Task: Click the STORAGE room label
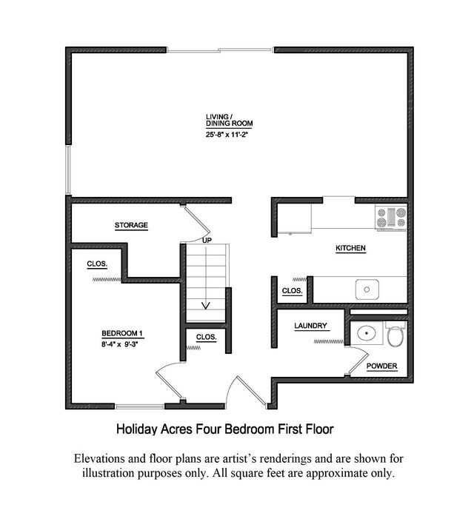(x=131, y=225)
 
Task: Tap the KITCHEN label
(x=350, y=248)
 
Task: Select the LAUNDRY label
(x=311, y=326)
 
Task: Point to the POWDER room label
(x=382, y=366)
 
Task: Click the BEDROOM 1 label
(x=122, y=333)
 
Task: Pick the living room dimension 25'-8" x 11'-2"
(x=227, y=134)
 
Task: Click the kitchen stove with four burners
(x=391, y=217)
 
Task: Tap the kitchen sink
(x=367, y=289)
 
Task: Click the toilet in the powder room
(x=395, y=334)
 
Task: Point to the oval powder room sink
(x=367, y=333)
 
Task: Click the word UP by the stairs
(x=207, y=241)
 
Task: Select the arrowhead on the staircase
(x=206, y=306)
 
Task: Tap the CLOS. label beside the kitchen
(x=293, y=291)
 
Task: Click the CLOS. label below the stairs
(x=207, y=337)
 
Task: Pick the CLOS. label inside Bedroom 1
(x=97, y=264)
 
